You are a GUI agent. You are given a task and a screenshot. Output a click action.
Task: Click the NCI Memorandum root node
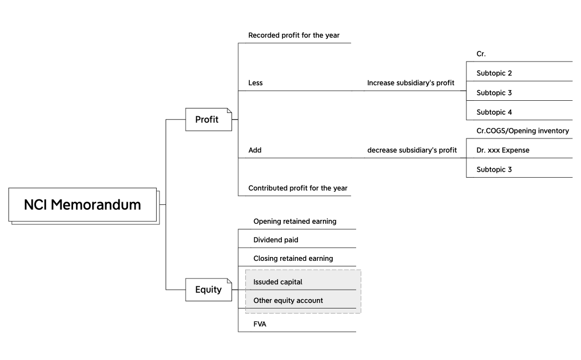[83, 205]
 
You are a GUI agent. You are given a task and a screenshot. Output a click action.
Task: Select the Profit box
[207, 119]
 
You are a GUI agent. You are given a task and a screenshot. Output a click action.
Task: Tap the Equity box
[208, 289]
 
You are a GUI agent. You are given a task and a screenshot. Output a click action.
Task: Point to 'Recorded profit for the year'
[294, 35]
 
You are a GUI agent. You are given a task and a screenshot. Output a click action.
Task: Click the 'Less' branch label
[255, 83]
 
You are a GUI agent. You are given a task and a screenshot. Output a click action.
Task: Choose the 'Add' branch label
[255, 150]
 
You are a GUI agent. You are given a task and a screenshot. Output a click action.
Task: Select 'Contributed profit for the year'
[297, 188]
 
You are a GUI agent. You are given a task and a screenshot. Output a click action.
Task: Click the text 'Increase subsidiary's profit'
[410, 83]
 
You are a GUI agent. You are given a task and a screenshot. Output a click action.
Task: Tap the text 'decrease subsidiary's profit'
[412, 150]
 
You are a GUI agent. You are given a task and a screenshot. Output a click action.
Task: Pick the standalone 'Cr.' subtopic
[481, 54]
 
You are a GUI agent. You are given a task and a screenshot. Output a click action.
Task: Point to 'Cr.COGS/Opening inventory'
[522, 131]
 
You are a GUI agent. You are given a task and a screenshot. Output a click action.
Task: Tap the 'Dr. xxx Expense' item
[502, 150]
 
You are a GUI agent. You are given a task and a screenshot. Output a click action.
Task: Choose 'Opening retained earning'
[295, 222]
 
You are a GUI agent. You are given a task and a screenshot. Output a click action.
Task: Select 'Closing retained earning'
[293, 259]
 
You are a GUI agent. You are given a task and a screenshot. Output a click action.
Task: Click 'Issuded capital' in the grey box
[277, 282]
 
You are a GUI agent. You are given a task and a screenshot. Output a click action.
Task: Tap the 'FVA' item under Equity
[260, 324]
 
